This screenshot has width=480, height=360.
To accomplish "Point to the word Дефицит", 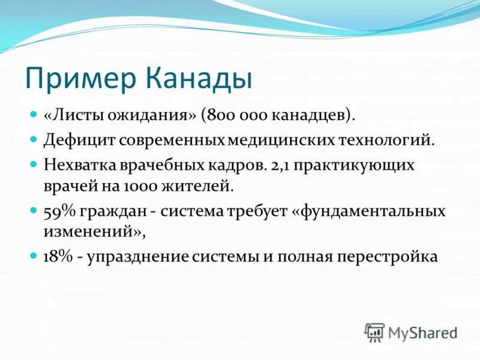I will (79, 140).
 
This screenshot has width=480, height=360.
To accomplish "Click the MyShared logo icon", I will (374, 331).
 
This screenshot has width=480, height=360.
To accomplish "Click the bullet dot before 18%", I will (34, 257).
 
